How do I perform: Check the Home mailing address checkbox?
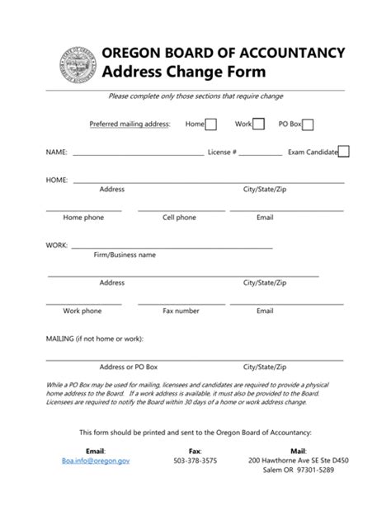211,124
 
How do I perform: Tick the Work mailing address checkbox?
258,124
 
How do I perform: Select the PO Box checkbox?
308,124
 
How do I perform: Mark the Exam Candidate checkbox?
344,152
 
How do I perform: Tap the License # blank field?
261,154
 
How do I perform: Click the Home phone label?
83,218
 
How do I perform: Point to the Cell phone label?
179,218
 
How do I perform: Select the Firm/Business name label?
125,255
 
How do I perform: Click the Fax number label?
181,311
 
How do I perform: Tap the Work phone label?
82,311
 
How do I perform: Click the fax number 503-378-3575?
195,462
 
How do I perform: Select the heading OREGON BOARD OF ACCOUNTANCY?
223,53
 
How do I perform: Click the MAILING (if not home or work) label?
94,339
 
